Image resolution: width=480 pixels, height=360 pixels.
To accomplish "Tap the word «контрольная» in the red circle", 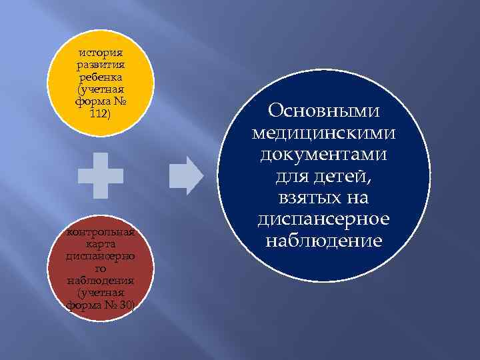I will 100,233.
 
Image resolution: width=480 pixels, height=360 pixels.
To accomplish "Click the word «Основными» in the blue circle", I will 325,111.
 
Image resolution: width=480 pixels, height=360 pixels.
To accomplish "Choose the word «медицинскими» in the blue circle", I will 325,133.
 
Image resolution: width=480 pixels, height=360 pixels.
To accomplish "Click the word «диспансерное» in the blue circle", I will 325,219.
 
